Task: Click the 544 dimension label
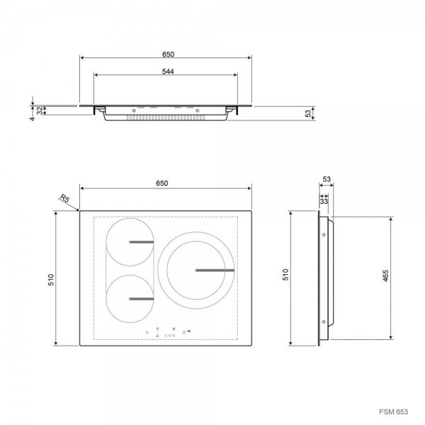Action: click(168, 72)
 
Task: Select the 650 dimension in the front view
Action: click(168, 55)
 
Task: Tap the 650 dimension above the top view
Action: click(161, 183)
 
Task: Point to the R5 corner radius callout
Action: click(64, 198)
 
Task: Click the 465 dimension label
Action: click(385, 276)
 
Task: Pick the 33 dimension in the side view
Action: click(324, 201)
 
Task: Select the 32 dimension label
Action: click(40, 110)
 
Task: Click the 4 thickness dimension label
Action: click(33, 118)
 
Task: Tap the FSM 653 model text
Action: click(393, 412)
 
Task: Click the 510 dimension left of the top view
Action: click(51, 280)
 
